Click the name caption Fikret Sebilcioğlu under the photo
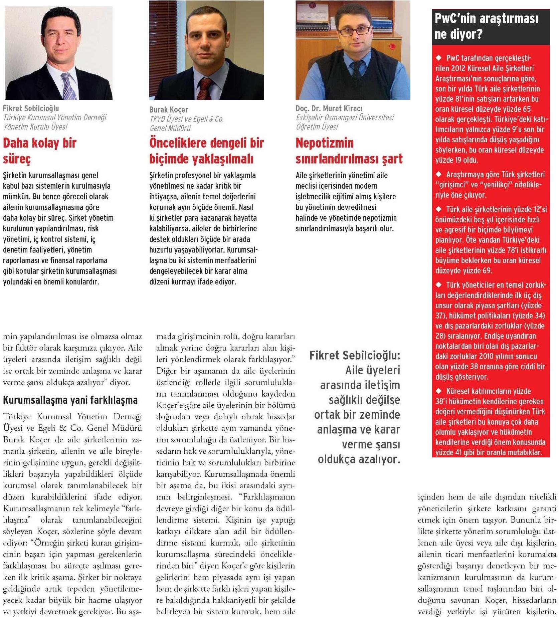point(31,109)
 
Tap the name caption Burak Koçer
point(169,110)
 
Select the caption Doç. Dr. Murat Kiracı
point(329,109)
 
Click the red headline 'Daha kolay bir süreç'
point(39,151)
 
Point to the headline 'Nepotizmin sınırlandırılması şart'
point(349,151)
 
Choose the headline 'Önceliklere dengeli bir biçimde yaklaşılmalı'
point(206,151)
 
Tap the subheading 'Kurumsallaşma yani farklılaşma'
point(70,400)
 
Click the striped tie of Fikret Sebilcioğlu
point(68,87)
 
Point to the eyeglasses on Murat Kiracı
point(354,31)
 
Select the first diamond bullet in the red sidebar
point(439,58)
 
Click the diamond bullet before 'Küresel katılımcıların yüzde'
point(439,391)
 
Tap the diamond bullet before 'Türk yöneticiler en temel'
point(439,285)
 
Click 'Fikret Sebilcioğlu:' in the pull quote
point(354,355)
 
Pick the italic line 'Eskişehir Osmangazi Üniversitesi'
point(344,118)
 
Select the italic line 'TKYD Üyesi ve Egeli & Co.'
point(186,119)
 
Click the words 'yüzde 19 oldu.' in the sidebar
point(456,160)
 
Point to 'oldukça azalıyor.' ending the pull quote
point(359,459)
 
